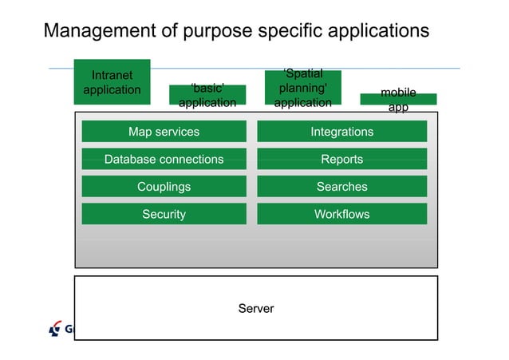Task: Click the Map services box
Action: click(164, 132)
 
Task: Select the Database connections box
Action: click(164, 159)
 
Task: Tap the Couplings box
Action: click(164, 187)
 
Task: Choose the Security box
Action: click(164, 214)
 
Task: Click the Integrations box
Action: click(341, 132)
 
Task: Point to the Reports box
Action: click(341, 159)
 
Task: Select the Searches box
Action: click(341, 187)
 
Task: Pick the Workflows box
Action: click(341, 214)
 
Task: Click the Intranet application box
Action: click(112, 82)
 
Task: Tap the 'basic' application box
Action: click(207, 95)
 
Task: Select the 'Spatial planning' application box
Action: click(302, 88)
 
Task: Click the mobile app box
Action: click(398, 99)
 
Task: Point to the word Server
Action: click(256, 308)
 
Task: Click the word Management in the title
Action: click(100, 31)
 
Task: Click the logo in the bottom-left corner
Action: click(56, 327)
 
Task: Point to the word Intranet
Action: click(112, 76)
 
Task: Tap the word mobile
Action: click(398, 93)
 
